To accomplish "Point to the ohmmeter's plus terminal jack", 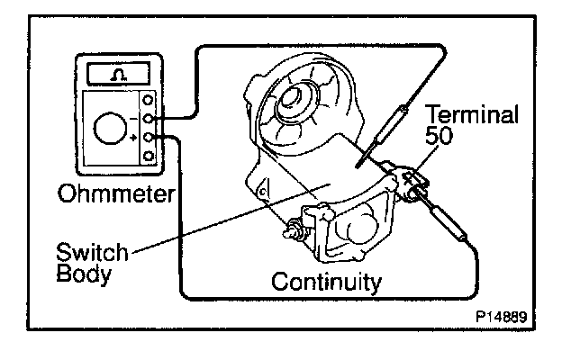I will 150,136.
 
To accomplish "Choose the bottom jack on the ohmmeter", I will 150,155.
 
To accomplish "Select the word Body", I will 81,273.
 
